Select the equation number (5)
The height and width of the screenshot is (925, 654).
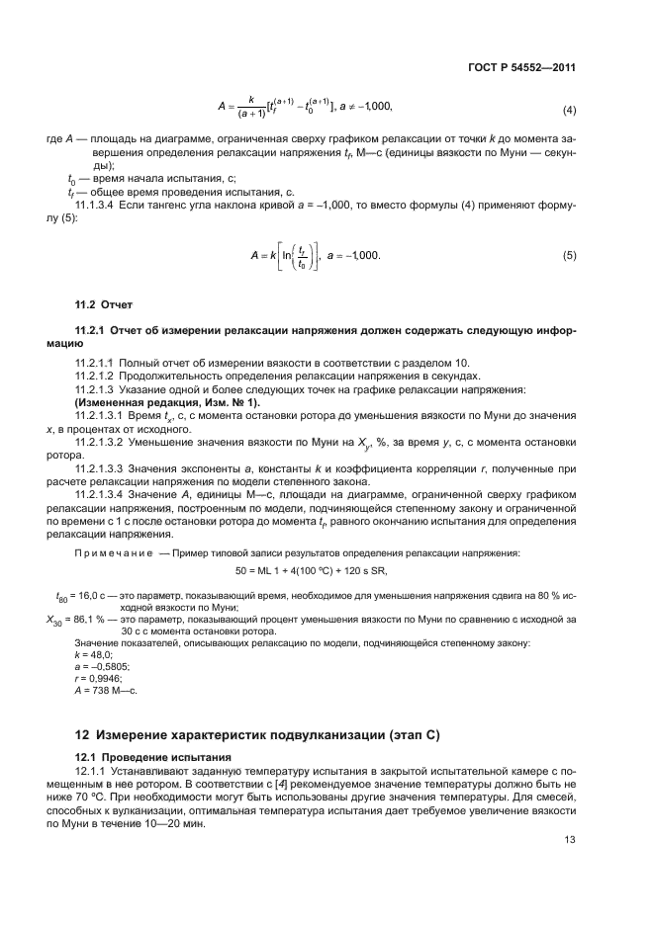569,256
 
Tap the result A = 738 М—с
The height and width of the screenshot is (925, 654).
107,690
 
